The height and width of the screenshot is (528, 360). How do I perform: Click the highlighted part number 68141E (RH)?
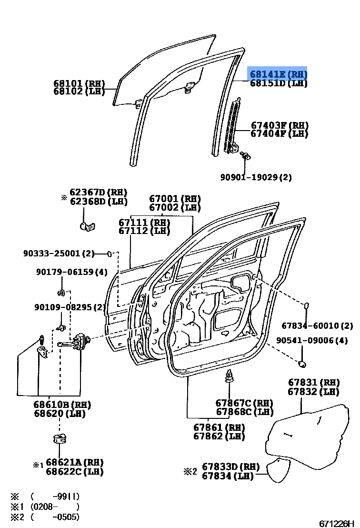(279, 74)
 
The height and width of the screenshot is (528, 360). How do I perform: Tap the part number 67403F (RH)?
(280, 125)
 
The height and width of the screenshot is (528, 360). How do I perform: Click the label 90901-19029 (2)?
(256, 177)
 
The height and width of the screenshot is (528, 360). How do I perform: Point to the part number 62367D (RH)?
(98, 193)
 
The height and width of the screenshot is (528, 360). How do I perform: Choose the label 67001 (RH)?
(175, 199)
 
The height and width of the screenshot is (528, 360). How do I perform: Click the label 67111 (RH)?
(144, 223)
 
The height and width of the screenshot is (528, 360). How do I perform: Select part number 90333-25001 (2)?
(59, 254)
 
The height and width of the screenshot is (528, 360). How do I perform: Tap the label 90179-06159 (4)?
(71, 272)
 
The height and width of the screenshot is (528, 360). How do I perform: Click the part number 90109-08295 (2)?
(69, 307)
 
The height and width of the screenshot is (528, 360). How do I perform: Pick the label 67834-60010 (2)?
(317, 326)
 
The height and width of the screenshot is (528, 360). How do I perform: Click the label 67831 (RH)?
(314, 383)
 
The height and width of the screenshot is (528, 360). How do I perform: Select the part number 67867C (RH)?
(244, 403)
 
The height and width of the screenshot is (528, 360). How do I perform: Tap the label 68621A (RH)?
(74, 463)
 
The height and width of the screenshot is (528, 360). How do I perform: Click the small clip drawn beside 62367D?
(85, 225)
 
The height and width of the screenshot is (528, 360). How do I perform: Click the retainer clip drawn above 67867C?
(229, 377)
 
